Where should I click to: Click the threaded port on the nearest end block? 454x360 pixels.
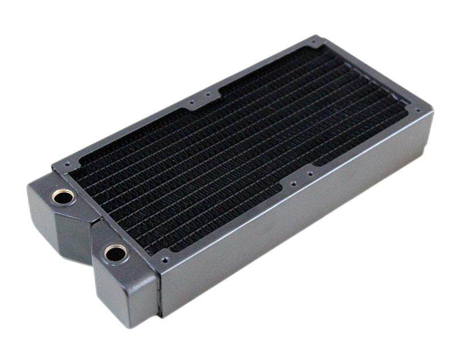tap(115, 253)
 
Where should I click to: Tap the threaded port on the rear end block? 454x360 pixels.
tap(62, 197)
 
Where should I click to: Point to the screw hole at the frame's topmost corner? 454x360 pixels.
tap(316, 43)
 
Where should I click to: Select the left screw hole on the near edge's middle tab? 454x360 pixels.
tap(292, 183)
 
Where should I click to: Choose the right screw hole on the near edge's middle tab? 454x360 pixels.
tap(311, 170)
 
